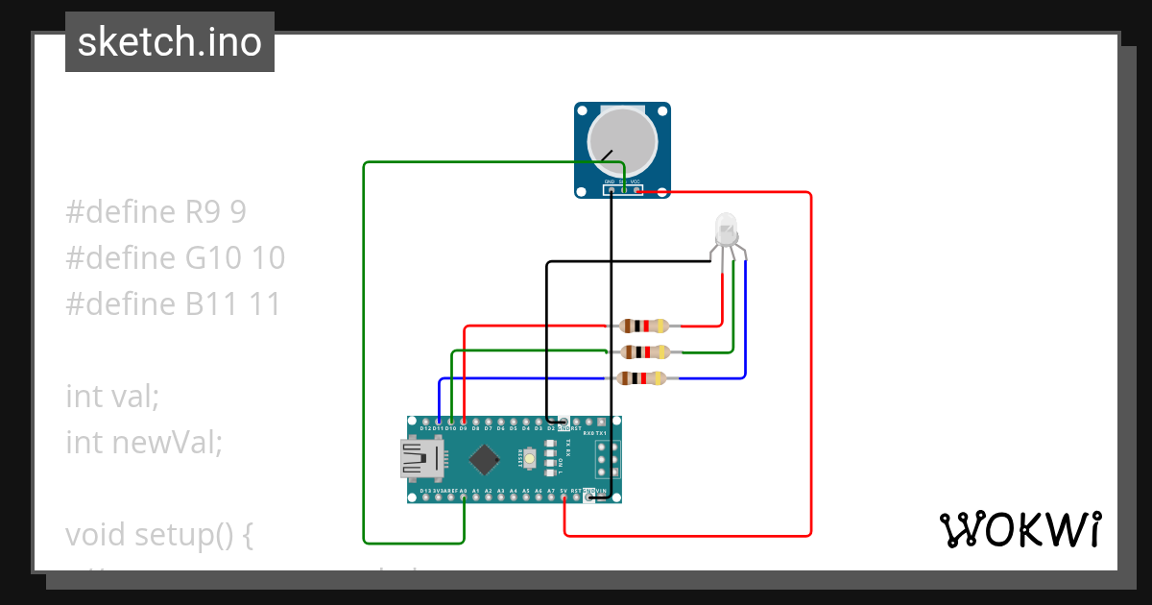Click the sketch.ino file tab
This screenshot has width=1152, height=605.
pos(169,42)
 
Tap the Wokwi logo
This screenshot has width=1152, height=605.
pos(1019,529)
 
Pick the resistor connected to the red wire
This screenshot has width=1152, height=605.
pos(643,327)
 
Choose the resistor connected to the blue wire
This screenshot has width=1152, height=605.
pos(643,378)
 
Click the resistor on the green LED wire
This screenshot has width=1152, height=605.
pos(643,352)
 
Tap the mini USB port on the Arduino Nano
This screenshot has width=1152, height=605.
pos(420,459)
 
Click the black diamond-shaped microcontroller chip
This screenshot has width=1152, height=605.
pos(485,460)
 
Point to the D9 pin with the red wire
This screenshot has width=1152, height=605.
pos(464,422)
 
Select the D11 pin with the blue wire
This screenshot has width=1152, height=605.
pos(439,422)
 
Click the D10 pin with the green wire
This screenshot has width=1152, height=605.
pos(451,422)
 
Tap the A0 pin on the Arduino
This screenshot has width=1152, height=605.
pos(464,498)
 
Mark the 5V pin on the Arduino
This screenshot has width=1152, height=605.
pos(564,498)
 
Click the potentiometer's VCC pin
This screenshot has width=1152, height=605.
pos(636,190)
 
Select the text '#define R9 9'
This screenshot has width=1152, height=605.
pos(156,212)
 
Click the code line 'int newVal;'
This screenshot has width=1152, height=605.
pos(144,442)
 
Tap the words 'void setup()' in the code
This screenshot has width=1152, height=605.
pos(158,534)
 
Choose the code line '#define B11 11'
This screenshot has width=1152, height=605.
pos(173,304)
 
